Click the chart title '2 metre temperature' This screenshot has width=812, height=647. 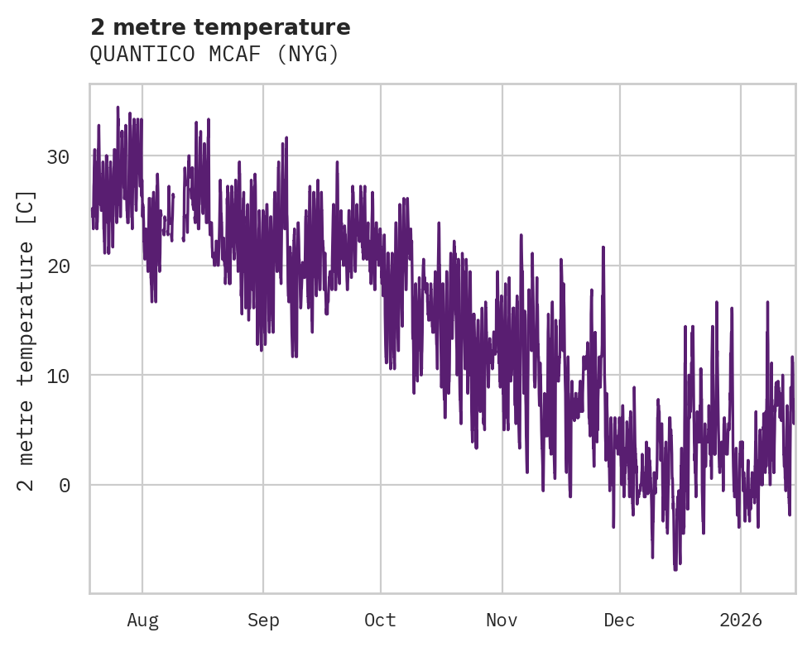tap(220, 27)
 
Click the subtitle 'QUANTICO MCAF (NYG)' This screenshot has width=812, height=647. tap(214, 55)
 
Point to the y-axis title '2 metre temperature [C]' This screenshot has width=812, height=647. tap(27, 340)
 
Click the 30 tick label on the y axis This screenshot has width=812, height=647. tap(58, 156)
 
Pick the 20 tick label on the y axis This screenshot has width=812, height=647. tap(58, 266)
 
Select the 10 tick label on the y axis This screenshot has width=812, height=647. tap(58, 375)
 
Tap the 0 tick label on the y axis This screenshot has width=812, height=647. tap(64, 485)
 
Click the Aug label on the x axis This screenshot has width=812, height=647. tap(142, 621)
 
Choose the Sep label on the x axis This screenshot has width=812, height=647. tap(263, 621)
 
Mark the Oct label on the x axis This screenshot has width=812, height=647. tap(381, 621)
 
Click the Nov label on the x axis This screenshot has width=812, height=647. tap(502, 621)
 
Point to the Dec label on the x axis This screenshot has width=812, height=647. tap(619, 621)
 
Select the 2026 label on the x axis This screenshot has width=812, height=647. tap(741, 621)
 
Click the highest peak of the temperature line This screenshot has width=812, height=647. tap(118, 108)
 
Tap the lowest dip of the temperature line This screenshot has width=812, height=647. tap(675, 569)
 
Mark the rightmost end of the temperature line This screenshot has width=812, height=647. tap(793, 423)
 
